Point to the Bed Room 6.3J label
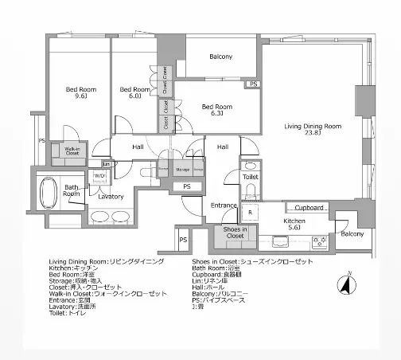point(216,110)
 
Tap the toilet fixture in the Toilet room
point(250,192)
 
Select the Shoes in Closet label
point(235,233)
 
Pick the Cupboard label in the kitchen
point(305,207)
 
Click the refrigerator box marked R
point(248,213)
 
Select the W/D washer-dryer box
point(100,176)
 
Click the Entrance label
point(224,205)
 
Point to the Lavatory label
point(111,195)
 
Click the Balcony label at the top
point(220,57)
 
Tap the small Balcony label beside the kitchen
point(352,233)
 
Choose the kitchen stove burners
point(321,241)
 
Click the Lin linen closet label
point(95,164)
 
